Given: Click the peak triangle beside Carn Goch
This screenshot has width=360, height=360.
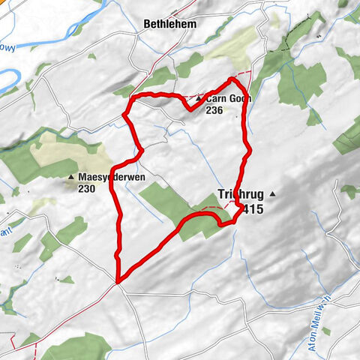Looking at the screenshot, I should click(x=198, y=99).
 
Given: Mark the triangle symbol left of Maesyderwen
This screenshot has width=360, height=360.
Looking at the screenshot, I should click(x=71, y=177).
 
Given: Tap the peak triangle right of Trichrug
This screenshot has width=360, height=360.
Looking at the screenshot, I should click(x=273, y=193).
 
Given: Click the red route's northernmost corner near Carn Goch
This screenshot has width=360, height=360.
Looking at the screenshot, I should click(x=232, y=78).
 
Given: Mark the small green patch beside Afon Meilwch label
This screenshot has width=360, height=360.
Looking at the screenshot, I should click(x=326, y=330).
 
